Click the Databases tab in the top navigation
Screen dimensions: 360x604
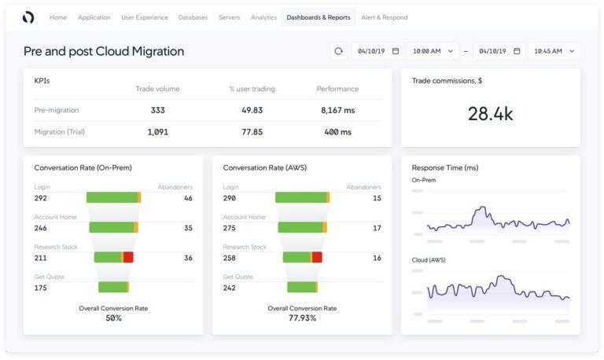click(x=193, y=17)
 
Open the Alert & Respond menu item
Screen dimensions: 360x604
click(x=384, y=17)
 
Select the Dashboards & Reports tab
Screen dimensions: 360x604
click(x=318, y=17)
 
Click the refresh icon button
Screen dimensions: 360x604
click(x=339, y=51)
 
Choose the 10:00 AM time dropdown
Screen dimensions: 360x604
click(x=433, y=51)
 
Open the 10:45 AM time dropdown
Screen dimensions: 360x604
click(x=554, y=51)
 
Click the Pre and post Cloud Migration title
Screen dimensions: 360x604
click(x=104, y=51)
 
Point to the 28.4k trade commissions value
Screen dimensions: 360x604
click(x=490, y=114)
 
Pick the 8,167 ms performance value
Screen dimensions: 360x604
click(x=337, y=111)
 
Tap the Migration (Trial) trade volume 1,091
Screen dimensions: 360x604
click(x=157, y=132)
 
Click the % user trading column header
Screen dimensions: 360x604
click(x=252, y=89)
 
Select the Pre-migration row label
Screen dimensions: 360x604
click(x=57, y=111)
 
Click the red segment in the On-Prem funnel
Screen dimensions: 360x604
click(x=128, y=257)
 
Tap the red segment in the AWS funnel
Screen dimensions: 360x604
click(x=317, y=257)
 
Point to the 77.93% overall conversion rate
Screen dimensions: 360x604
click(x=302, y=318)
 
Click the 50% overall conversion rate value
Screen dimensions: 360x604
click(x=113, y=318)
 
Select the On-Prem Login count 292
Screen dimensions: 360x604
click(x=41, y=198)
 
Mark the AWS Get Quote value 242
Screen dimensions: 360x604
click(x=230, y=288)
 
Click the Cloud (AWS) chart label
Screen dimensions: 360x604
click(x=429, y=260)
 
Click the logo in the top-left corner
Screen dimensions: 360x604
click(x=28, y=17)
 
